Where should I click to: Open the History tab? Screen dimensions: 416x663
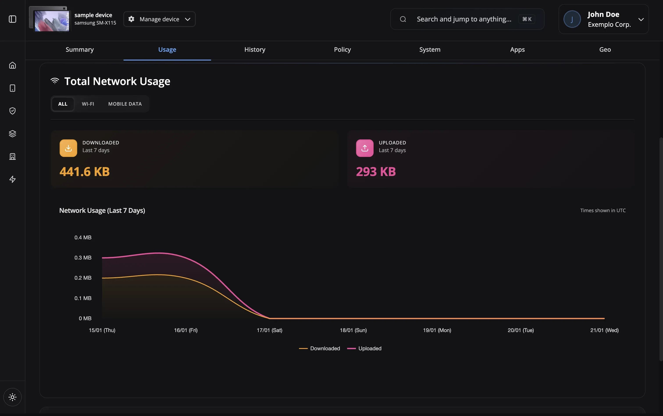pyautogui.click(x=255, y=50)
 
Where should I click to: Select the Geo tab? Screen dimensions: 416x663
pyautogui.click(x=605, y=50)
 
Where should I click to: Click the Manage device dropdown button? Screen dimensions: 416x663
pyautogui.click(x=159, y=19)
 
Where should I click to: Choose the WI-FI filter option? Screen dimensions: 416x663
pyautogui.click(x=88, y=104)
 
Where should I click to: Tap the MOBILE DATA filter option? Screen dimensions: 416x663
pyautogui.click(x=125, y=104)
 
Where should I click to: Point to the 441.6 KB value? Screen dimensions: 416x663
pyautogui.click(x=84, y=172)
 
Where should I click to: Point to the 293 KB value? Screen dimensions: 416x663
pyautogui.click(x=376, y=172)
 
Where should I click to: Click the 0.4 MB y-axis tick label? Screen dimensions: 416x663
pyautogui.click(x=83, y=237)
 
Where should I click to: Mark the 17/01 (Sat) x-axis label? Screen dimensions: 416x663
pyautogui.click(x=269, y=330)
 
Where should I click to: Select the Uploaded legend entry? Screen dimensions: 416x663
pyautogui.click(x=364, y=348)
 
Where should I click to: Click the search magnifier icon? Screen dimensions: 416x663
pyautogui.click(x=403, y=19)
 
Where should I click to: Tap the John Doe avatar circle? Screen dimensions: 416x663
pyautogui.click(x=572, y=19)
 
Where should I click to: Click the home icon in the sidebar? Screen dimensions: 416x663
pyautogui.click(x=12, y=65)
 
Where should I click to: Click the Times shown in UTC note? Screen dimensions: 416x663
pyautogui.click(x=603, y=210)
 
